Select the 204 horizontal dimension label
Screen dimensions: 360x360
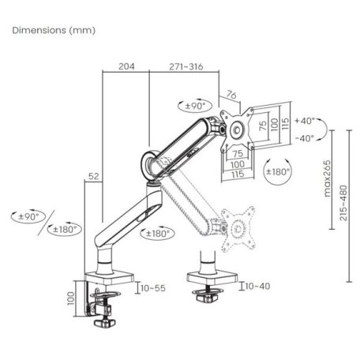pos(126,66)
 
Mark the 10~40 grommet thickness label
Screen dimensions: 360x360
pos(258,286)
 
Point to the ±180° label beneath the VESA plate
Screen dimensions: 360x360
pos(278,171)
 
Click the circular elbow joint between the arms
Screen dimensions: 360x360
pos(149,163)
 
